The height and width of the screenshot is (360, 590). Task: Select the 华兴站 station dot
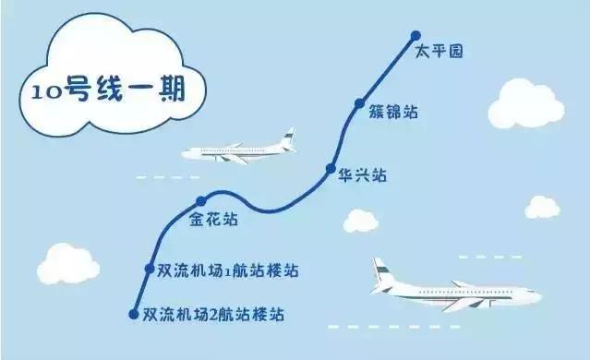330,169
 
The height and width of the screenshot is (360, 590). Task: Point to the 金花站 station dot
200,201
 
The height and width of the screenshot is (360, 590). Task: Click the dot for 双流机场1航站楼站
150,269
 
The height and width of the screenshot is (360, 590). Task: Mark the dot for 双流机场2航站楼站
134,314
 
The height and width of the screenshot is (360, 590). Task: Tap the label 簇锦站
391,113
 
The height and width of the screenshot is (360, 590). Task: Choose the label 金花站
213,221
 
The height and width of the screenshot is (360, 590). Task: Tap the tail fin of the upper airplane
288,138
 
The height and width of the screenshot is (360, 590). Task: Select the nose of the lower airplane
538,297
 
